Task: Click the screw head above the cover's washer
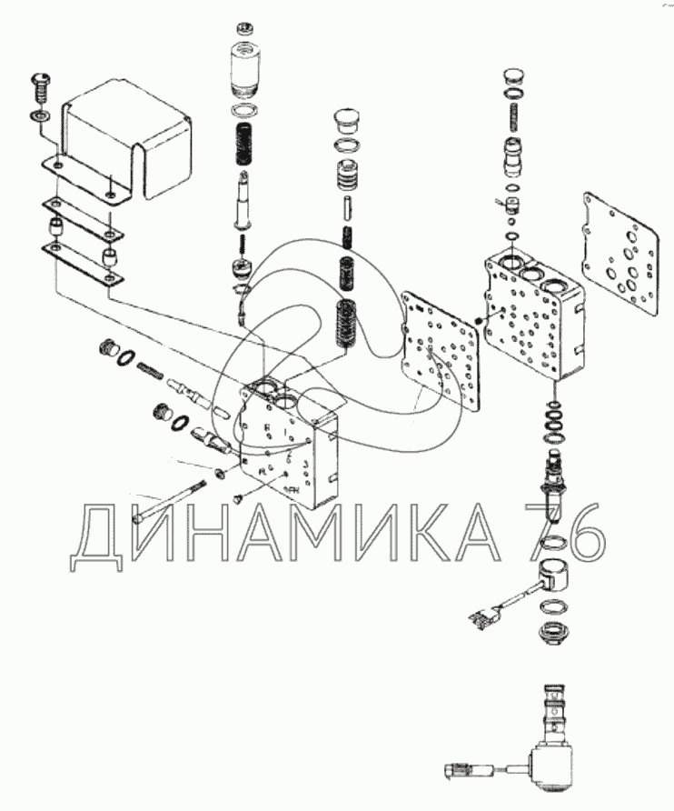click(x=41, y=86)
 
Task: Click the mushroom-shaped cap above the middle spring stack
click(x=346, y=121)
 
